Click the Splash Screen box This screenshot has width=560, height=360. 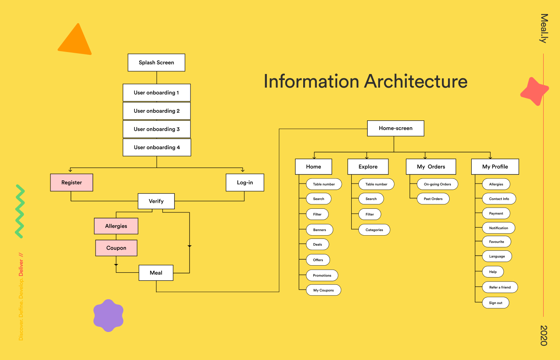(x=156, y=63)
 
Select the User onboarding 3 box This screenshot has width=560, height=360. (x=157, y=129)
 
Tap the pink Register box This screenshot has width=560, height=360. (x=72, y=182)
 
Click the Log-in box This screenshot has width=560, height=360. (x=245, y=182)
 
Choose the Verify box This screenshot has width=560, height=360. (x=156, y=201)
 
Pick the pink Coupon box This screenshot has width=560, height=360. (x=116, y=248)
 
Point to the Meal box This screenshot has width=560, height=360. (x=156, y=273)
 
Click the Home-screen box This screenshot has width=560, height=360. (x=396, y=128)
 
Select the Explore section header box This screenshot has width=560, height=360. (x=368, y=167)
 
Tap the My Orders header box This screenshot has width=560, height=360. (x=431, y=167)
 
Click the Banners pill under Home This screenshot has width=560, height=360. (x=320, y=230)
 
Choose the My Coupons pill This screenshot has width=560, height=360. (x=324, y=290)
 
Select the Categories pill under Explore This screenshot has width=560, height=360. (x=374, y=230)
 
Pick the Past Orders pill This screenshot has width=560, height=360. (x=433, y=199)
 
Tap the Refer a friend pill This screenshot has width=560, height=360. (x=500, y=287)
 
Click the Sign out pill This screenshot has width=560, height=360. (x=496, y=303)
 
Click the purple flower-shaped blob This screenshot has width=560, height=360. (x=108, y=316)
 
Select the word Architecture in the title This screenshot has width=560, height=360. (x=416, y=82)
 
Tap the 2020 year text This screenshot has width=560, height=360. (x=544, y=335)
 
